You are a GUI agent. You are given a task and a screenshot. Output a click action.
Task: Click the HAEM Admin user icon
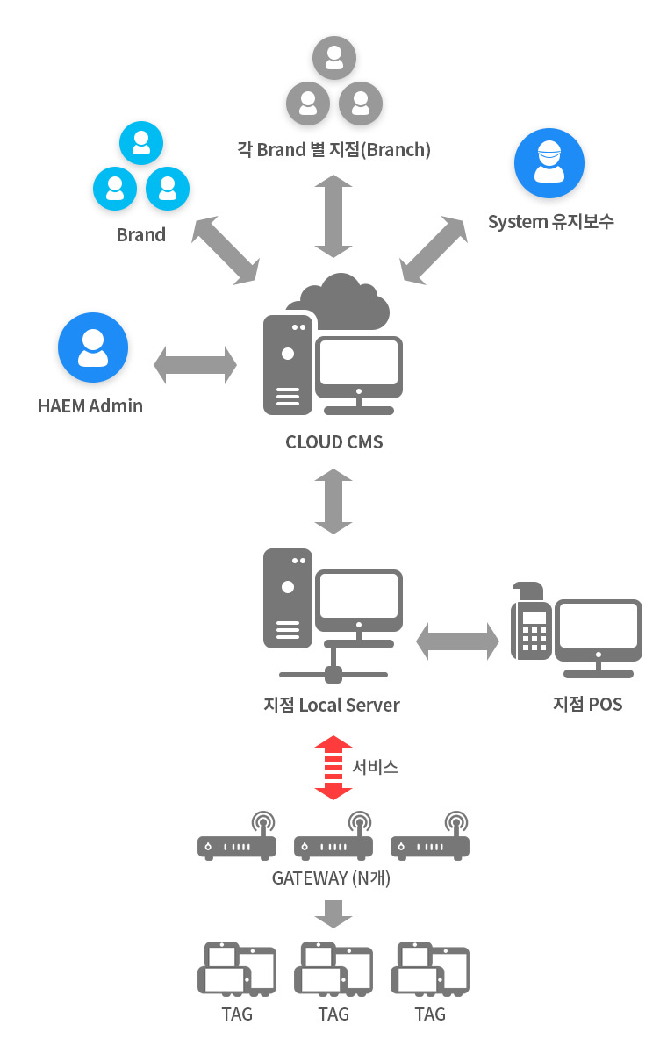tap(93, 347)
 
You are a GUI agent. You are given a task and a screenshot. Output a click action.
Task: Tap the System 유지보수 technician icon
tap(549, 162)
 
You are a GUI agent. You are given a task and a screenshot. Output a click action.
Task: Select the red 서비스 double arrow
tap(333, 768)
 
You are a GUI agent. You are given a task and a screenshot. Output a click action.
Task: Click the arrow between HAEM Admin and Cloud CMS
tap(195, 365)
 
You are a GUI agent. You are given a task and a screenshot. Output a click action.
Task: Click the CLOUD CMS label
tap(334, 442)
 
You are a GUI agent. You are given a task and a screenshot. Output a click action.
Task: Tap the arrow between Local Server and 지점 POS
tap(457, 641)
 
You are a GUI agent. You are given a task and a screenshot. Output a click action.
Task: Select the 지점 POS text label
tap(587, 704)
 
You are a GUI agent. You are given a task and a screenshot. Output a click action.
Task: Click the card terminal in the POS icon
tap(531, 621)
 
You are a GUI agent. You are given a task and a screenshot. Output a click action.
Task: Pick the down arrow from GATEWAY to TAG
tap(333, 913)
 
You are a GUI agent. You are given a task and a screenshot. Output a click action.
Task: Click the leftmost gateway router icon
tap(237, 835)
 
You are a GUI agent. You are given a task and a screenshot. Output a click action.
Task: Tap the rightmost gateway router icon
tap(430, 835)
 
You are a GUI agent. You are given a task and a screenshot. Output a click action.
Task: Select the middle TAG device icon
tap(333, 970)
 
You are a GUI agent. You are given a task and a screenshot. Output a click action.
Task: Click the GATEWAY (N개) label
tap(332, 878)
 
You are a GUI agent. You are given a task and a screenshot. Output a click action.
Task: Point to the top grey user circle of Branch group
tap(334, 58)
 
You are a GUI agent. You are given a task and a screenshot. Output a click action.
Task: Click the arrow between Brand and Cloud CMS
tap(226, 251)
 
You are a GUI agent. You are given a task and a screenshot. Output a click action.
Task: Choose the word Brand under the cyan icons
tap(141, 234)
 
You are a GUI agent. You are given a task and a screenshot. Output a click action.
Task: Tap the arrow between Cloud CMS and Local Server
tap(333, 501)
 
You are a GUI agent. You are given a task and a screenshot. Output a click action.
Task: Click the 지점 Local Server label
tap(332, 706)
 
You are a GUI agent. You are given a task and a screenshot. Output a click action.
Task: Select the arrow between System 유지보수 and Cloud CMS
tap(434, 251)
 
